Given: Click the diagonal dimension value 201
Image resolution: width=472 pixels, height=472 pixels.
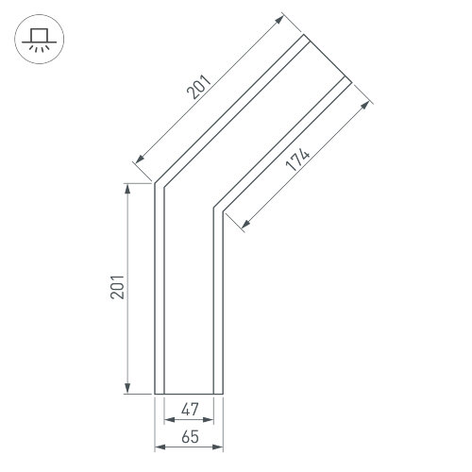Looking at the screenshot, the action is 199,87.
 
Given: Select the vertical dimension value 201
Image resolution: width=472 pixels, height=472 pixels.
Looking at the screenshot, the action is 117,287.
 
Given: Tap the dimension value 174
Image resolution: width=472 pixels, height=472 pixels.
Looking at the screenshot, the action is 297,159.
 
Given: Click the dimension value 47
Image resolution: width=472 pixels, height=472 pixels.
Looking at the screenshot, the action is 190,409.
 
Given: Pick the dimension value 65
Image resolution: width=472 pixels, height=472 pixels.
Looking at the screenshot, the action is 190,437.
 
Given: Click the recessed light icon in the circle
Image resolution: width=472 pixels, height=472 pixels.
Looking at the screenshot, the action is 39,40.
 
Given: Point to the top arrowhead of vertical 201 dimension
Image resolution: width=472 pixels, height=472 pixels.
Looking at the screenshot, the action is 127,188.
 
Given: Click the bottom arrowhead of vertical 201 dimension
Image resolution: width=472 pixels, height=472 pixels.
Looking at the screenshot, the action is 127,389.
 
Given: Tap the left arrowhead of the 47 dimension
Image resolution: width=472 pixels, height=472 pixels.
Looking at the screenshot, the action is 170,419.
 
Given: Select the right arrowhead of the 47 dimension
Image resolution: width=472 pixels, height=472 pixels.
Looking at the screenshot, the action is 209,419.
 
